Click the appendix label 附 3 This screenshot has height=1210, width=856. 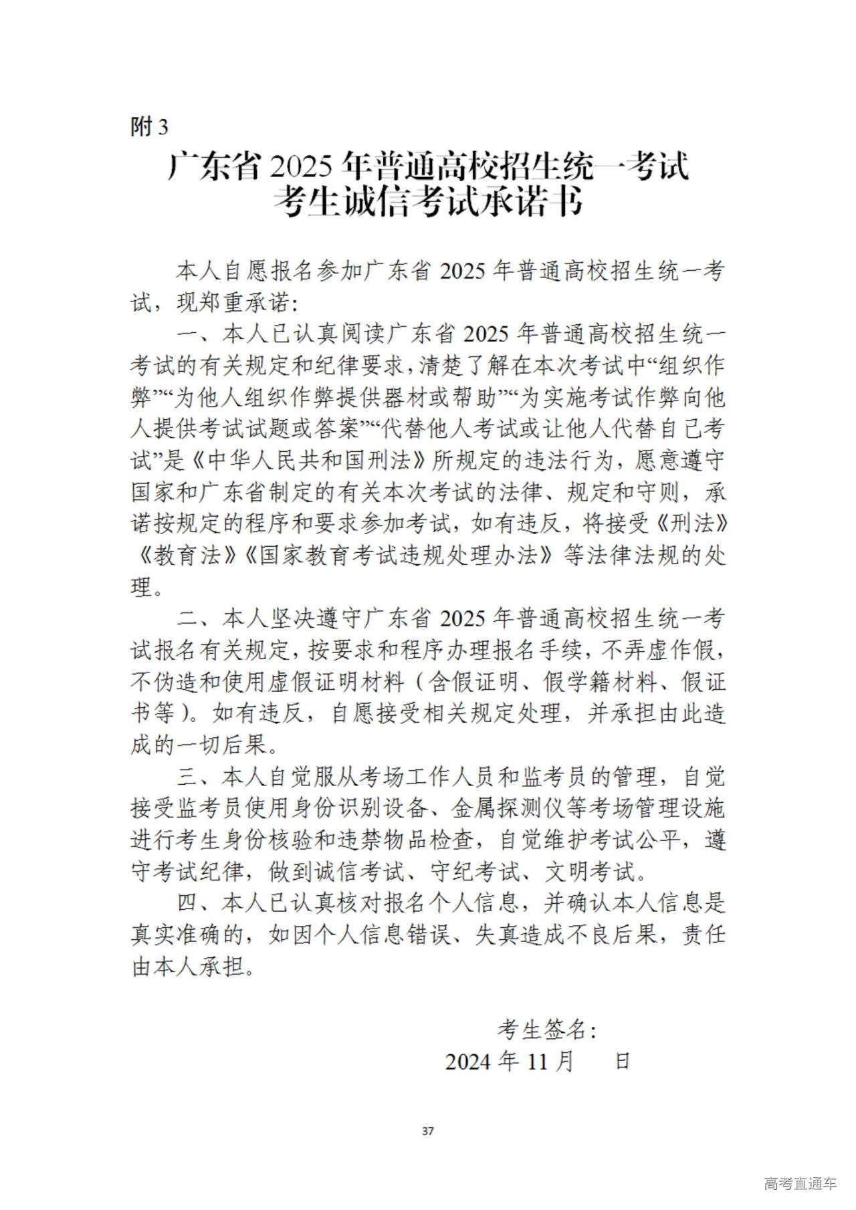coord(149,126)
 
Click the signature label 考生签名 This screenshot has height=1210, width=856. coord(542,1030)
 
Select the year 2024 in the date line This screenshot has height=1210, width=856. coord(468,1062)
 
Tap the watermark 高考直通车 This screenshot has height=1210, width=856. coord(800,1184)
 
